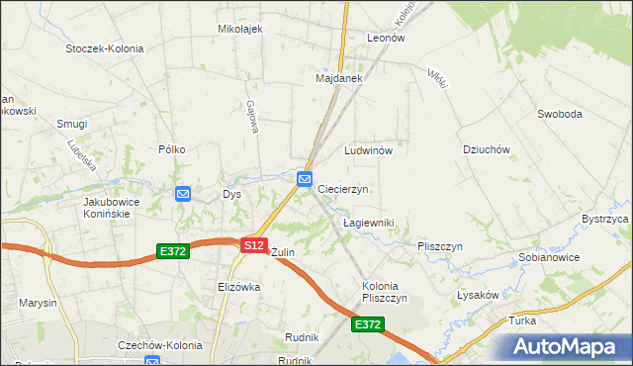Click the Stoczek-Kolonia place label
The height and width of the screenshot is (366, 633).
click(104, 48)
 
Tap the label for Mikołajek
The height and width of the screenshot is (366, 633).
click(239, 29)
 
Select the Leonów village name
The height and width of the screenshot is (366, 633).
click(386, 38)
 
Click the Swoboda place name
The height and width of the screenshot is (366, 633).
click(559, 114)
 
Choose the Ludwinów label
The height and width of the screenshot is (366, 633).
click(369, 150)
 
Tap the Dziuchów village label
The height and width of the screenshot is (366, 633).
click(485, 150)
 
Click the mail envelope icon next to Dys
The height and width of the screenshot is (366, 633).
click(183, 194)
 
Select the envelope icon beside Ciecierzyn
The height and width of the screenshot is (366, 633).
click(305, 178)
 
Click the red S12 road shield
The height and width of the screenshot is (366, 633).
click(253, 244)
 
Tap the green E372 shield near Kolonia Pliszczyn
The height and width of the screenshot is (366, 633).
click(367, 324)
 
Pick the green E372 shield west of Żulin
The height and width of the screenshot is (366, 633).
click(172, 253)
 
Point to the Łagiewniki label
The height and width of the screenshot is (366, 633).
click(368, 224)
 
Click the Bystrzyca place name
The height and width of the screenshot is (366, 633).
click(605, 218)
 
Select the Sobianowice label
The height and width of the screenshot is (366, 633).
click(548, 257)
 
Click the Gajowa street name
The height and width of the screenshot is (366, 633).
click(253, 118)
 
